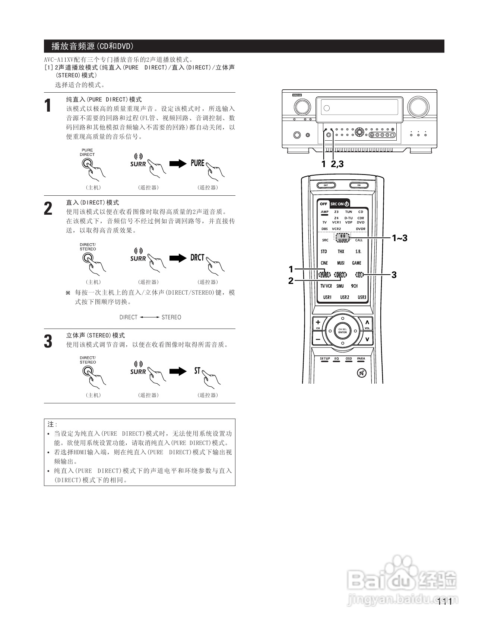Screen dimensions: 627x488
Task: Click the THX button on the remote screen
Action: (341, 252)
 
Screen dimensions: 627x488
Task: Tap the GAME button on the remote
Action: (357, 263)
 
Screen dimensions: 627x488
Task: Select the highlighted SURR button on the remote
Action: (342, 238)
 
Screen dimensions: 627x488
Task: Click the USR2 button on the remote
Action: (345, 297)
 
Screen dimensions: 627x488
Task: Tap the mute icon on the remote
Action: (361, 372)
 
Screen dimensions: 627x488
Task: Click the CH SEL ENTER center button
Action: (342, 331)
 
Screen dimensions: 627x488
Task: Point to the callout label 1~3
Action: (399, 238)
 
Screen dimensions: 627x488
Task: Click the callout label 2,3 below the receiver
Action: (337, 164)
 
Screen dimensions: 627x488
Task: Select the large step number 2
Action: (48, 209)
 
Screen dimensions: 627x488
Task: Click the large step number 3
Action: (48, 342)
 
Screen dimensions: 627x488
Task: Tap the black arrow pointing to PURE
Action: (178, 164)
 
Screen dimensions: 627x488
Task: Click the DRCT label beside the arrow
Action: (197, 257)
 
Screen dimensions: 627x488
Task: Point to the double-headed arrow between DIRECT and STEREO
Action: (149, 317)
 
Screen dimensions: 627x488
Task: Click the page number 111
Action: (444, 601)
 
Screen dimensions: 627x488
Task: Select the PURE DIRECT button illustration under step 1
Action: (87, 164)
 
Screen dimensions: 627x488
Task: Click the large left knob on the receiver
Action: (302, 107)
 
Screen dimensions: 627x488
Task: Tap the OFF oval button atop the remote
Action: (326, 185)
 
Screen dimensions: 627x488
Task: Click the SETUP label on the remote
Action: (325, 359)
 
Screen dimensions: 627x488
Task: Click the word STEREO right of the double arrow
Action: (171, 317)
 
